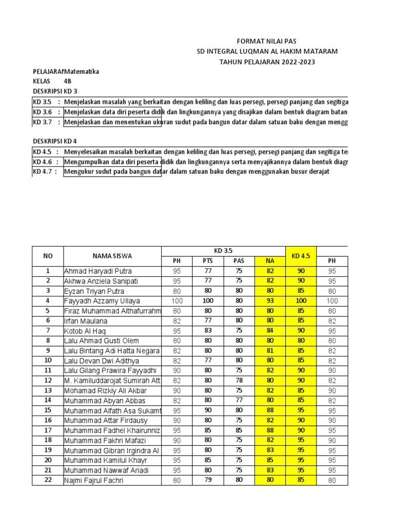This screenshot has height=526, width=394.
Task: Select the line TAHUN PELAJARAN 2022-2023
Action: (267, 62)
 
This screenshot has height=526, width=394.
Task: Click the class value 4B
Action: (68, 81)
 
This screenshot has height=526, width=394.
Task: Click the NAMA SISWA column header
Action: (112, 256)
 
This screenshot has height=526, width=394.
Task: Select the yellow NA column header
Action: (270, 261)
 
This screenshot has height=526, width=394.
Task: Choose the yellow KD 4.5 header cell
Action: (301, 256)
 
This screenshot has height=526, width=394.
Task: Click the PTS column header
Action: (208, 261)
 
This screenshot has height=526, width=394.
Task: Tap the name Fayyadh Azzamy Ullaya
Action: (102, 301)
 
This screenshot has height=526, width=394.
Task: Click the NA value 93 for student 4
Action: (270, 301)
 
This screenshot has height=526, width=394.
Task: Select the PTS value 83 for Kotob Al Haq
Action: (208, 331)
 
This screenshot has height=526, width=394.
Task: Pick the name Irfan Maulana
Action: (86, 321)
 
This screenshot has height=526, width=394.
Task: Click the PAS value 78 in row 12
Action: (239, 381)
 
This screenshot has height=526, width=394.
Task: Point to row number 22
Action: (48, 480)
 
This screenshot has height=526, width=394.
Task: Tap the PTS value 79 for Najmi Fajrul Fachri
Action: (208, 480)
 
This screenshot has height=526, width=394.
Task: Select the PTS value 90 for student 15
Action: (208, 410)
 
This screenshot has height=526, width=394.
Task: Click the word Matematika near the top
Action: (82, 71)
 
